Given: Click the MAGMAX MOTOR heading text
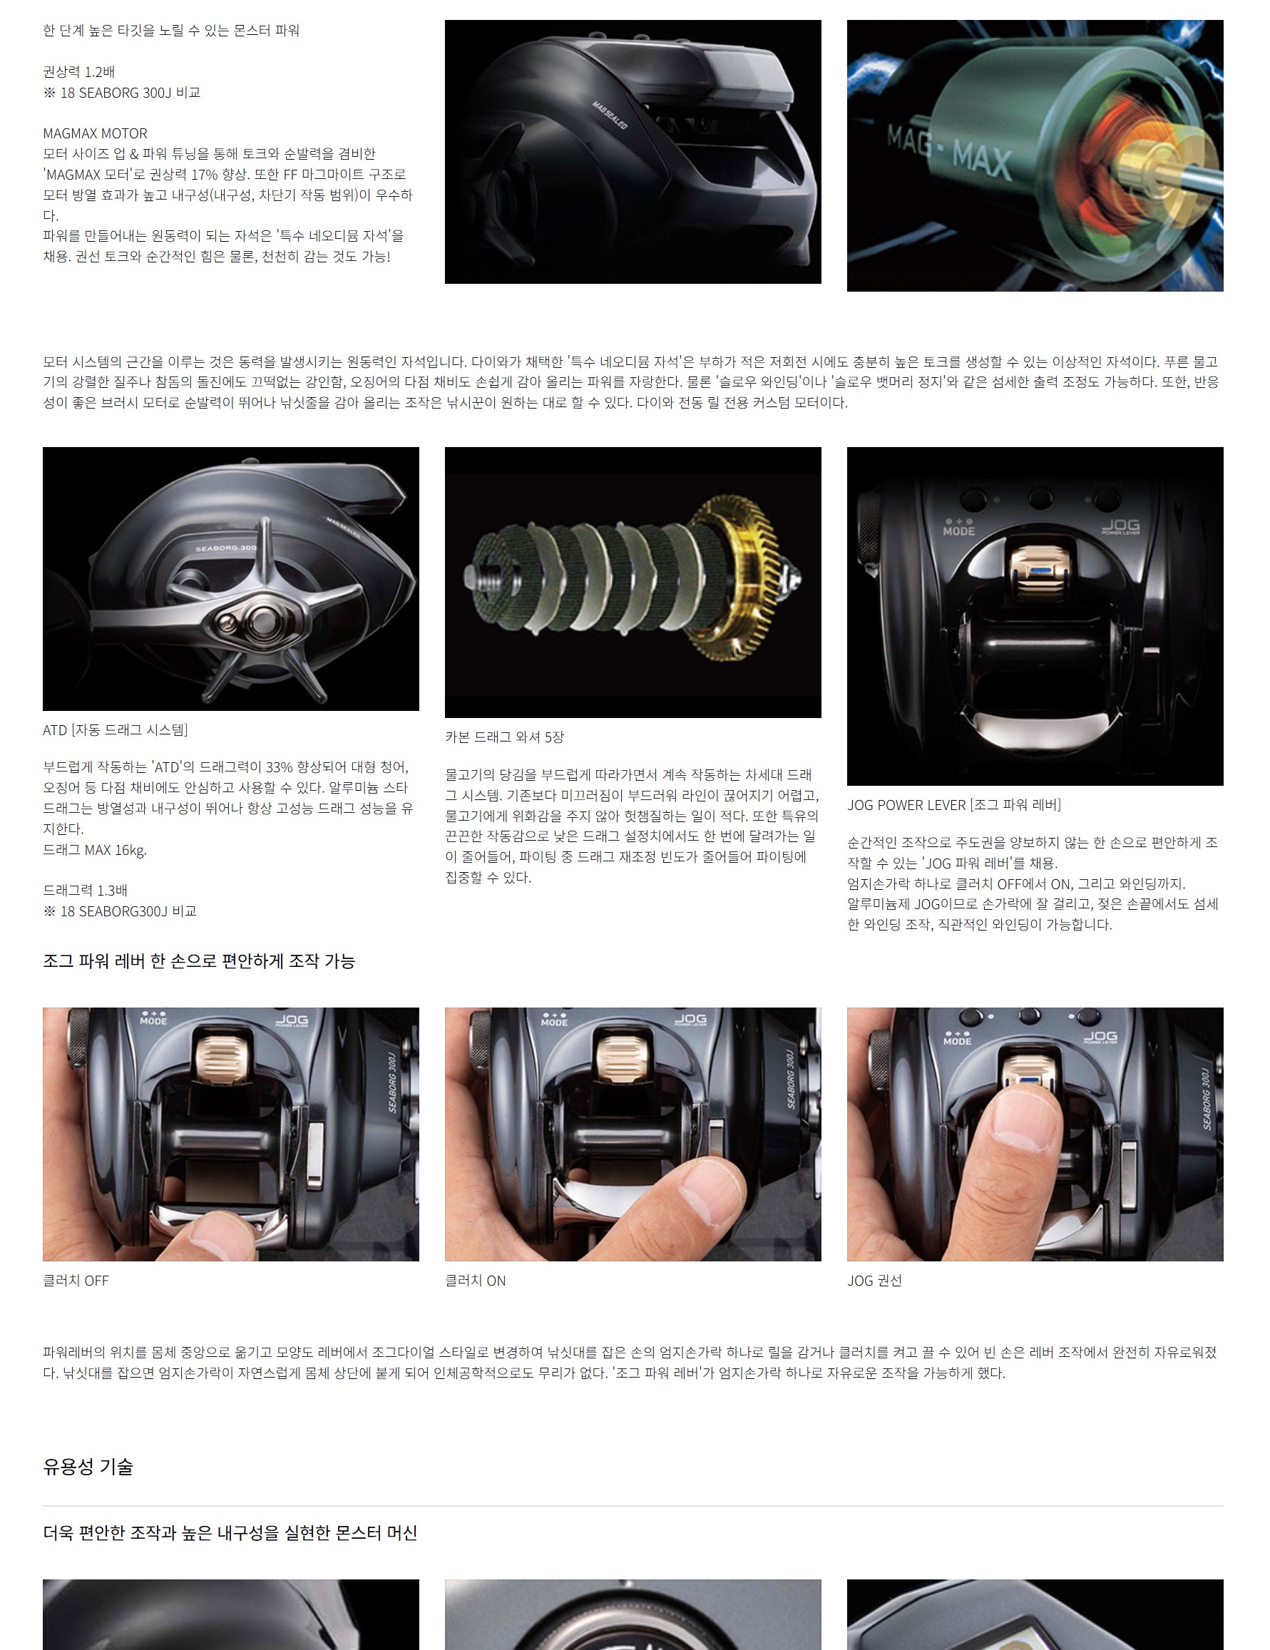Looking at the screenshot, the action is tap(95, 133).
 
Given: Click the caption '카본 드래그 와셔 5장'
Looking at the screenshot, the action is tap(505, 737).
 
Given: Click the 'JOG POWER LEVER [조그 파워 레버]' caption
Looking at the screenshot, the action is tap(953, 804).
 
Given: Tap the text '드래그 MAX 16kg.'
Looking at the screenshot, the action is tap(95, 850).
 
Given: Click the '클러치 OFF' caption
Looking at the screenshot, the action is tap(76, 1281).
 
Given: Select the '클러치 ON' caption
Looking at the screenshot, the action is tap(475, 1281).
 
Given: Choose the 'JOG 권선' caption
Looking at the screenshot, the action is tap(874, 1281).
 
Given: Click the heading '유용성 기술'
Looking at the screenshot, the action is tap(88, 1467).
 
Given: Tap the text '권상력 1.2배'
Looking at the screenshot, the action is tap(78, 72).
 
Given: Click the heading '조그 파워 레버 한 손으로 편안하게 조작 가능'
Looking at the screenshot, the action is tap(199, 960).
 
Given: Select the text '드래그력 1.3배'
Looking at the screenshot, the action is tap(86, 891).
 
